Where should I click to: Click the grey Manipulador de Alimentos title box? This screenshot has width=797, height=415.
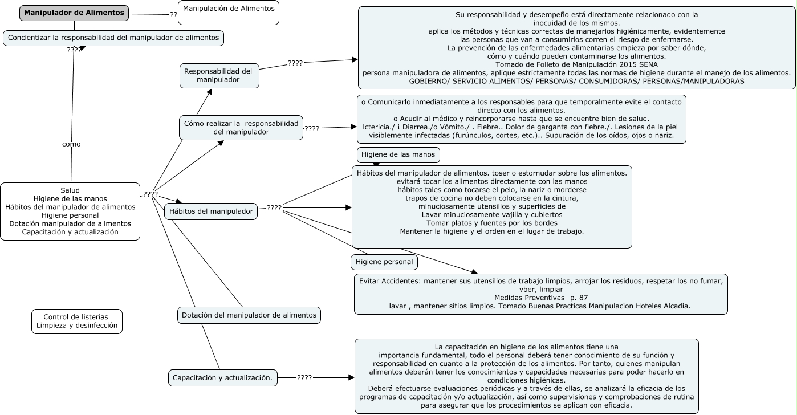tap(74, 13)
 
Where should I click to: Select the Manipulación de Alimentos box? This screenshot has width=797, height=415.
tap(228, 13)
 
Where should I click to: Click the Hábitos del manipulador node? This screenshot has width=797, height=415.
tap(211, 211)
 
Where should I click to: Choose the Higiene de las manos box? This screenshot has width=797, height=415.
tap(398, 154)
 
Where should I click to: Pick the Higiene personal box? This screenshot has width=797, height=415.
tap(384, 262)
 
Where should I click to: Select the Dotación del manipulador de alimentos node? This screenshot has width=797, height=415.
tap(249, 315)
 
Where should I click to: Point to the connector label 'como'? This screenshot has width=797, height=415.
tap(71, 144)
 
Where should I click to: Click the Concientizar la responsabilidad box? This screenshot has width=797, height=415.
tap(113, 38)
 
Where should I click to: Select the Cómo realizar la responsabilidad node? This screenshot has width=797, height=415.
tap(241, 127)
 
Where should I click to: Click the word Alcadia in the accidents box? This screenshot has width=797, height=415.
tap(674, 306)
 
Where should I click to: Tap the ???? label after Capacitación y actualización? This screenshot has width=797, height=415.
tap(304, 377)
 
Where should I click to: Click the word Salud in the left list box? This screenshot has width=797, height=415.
tap(70, 190)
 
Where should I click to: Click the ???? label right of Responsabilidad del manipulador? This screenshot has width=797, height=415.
tap(295, 63)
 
